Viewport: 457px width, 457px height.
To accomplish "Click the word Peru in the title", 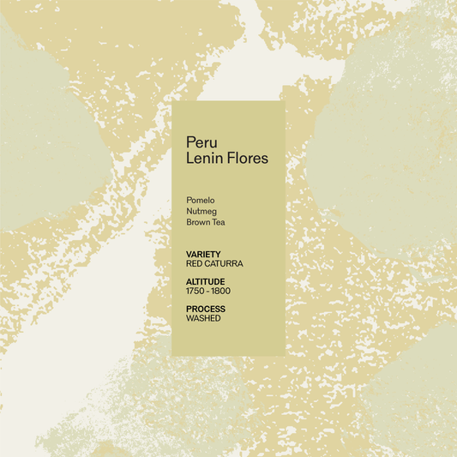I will click(201, 142).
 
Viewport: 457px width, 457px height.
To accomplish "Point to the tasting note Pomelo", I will click(200, 201).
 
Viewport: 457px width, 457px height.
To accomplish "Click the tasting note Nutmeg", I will click(201, 212).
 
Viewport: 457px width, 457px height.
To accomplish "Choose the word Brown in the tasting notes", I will click(200, 223).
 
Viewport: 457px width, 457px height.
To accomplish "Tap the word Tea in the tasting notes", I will click(219, 223).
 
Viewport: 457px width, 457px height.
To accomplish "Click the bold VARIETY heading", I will click(203, 255).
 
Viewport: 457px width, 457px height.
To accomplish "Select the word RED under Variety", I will click(194, 264).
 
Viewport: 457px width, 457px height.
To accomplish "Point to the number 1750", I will click(196, 292).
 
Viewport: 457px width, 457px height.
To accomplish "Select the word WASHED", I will click(203, 319).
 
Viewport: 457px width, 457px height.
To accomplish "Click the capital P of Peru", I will click(190, 142).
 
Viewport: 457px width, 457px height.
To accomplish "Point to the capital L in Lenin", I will click(189, 159).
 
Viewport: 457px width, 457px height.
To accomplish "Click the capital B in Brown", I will click(189, 223).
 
